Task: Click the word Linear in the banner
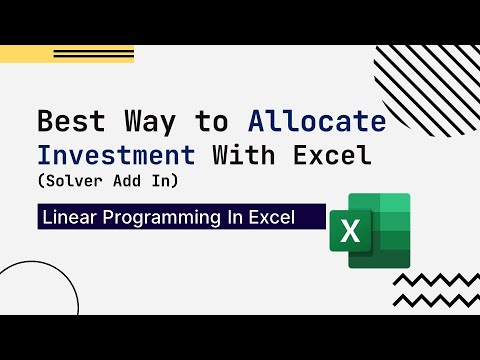[68, 217]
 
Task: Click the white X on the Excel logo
[350, 232]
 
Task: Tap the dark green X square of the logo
[350, 232]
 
